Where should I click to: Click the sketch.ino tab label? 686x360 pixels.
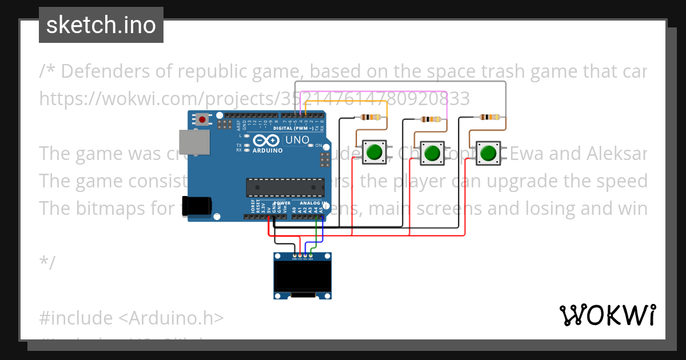point(101,25)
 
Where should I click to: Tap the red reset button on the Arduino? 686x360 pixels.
point(202,119)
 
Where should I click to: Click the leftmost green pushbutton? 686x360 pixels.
point(374,152)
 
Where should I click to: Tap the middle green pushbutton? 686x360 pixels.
point(432,153)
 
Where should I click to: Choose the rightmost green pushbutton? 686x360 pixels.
point(488,153)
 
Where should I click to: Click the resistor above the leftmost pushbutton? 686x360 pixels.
point(371,118)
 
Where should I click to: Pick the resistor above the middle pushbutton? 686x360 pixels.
point(430,119)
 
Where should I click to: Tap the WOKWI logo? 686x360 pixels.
point(607,315)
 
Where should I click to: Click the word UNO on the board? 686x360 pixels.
point(297,139)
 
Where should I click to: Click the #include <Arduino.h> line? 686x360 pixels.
point(131,317)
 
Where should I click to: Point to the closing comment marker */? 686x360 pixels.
point(47,263)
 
